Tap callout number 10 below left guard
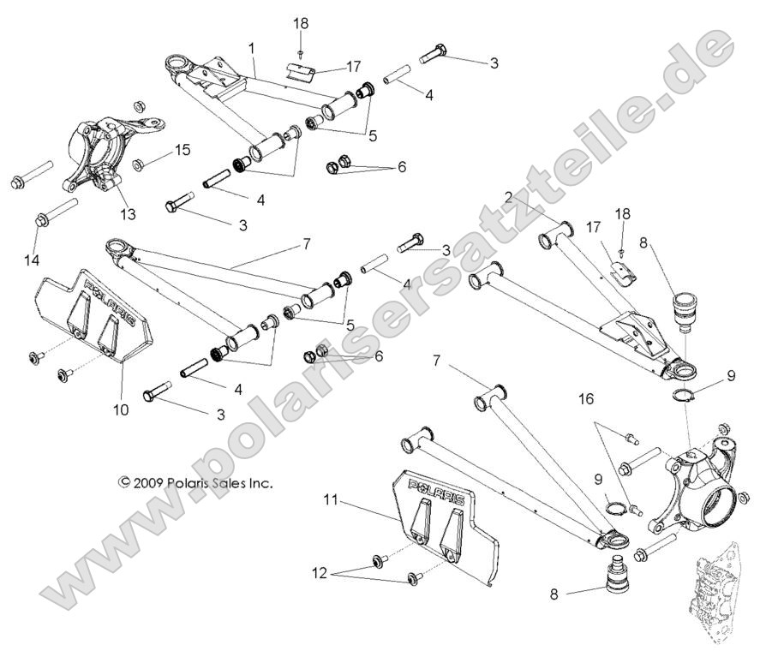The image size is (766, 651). pyautogui.click(x=121, y=410)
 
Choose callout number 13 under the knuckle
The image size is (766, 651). pyautogui.click(x=128, y=214)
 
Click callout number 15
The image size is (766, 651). pyautogui.click(x=183, y=151)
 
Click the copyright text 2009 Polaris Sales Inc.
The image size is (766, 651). pyautogui.click(x=195, y=483)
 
